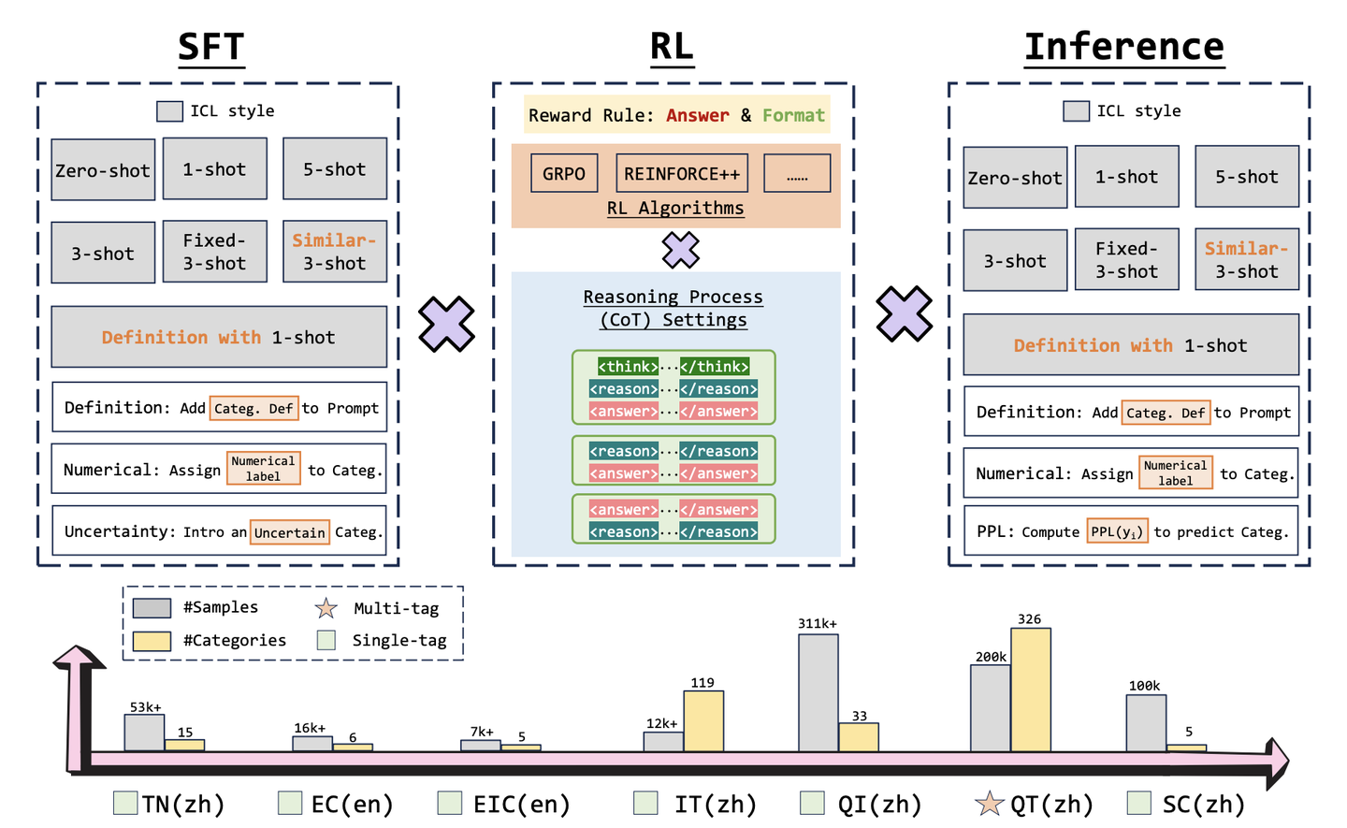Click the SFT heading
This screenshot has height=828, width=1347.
(x=211, y=47)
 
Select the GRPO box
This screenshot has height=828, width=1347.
(x=564, y=174)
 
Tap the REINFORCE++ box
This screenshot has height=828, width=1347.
(x=682, y=174)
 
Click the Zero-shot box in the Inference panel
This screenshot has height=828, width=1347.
(x=1015, y=178)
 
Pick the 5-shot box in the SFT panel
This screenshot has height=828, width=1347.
(x=334, y=169)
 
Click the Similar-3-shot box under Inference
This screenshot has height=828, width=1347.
(x=1246, y=260)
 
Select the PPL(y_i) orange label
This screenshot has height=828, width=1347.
(x=1117, y=531)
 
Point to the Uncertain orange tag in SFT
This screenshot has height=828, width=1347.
(x=290, y=532)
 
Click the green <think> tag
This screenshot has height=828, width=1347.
(x=628, y=366)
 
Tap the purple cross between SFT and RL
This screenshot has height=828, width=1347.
(x=446, y=325)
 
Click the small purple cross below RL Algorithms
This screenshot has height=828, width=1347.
(x=681, y=250)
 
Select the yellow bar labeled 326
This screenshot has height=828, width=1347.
(x=1030, y=690)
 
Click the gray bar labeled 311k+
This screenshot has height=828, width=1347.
(x=818, y=692)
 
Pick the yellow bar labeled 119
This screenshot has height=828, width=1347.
(x=703, y=720)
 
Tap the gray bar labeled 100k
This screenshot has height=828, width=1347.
(x=1145, y=722)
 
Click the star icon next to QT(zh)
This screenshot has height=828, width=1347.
(x=988, y=804)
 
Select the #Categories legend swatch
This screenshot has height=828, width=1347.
(x=152, y=641)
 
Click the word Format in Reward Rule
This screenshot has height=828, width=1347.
(x=793, y=115)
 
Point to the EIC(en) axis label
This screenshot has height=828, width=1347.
(x=521, y=805)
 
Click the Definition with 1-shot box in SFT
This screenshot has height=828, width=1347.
(x=219, y=337)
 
